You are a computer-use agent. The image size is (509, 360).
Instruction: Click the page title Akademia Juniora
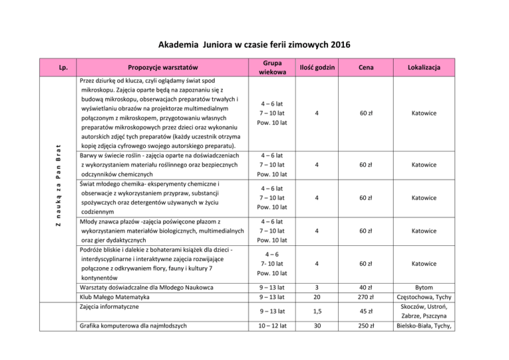coord(254,45)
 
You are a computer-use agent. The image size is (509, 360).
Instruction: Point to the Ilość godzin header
coord(317,67)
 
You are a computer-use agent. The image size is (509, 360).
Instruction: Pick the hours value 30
coord(317,326)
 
